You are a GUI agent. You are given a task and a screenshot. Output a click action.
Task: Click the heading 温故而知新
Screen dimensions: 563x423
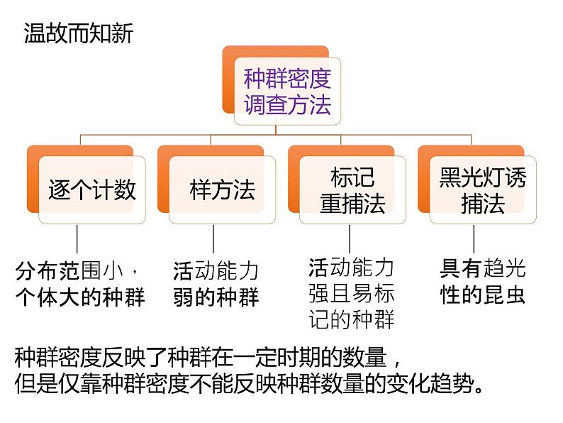coord(79,33)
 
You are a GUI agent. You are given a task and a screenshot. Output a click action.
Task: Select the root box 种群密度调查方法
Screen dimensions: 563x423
coord(287,92)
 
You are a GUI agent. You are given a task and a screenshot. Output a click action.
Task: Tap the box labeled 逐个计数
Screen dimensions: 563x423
coord(92,189)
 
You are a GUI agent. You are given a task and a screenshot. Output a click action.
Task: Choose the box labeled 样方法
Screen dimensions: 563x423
coord(222,189)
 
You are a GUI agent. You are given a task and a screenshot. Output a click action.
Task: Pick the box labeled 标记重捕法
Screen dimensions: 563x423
coord(352,189)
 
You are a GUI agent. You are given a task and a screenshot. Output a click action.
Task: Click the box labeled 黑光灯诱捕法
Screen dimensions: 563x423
coord(483,189)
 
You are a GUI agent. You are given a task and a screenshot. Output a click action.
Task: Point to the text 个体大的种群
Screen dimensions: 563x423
coord(80,296)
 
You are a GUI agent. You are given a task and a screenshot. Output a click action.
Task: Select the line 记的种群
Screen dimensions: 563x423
coord(352,319)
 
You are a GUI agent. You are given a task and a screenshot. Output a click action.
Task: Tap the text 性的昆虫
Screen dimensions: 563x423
coord(483,295)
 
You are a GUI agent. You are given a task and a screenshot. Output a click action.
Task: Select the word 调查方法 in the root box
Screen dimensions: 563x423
coord(287,105)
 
